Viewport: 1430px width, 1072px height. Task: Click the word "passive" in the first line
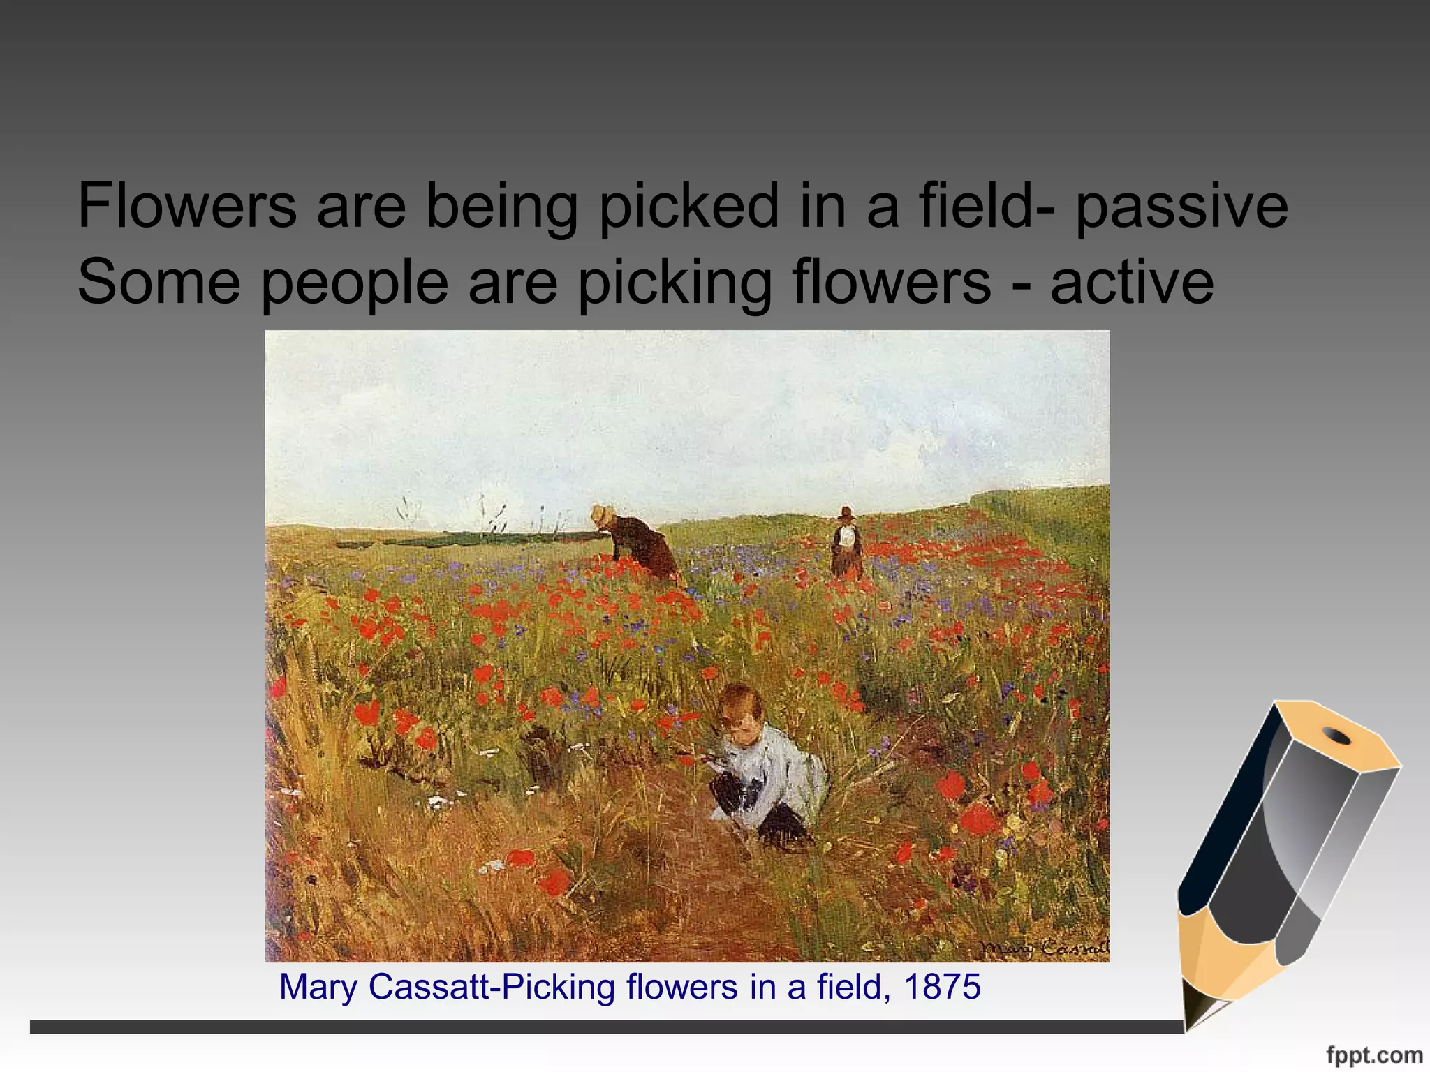point(1181,207)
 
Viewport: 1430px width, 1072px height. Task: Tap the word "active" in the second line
point(1132,282)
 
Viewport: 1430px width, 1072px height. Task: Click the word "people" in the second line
point(354,283)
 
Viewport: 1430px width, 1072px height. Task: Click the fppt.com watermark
point(1374,1055)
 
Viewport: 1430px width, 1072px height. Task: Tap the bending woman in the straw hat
point(639,544)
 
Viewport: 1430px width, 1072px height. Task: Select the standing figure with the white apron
point(846,544)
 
